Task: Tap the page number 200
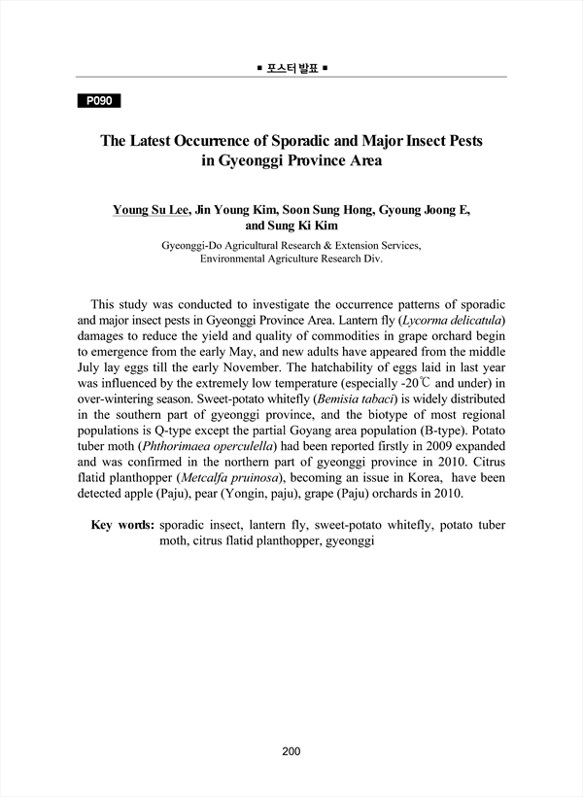(x=291, y=750)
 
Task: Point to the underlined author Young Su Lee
(x=151, y=209)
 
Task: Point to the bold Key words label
(x=121, y=525)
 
